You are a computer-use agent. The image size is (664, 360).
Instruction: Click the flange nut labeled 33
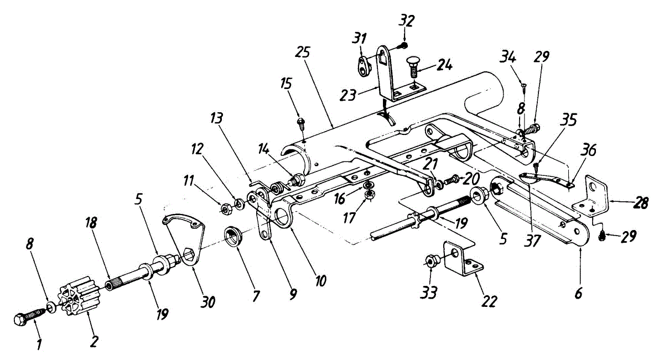[430, 262]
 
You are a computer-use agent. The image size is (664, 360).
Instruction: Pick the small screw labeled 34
[524, 85]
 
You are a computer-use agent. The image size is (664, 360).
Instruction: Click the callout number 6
[578, 293]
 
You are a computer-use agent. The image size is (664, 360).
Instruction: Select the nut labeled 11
[226, 208]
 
